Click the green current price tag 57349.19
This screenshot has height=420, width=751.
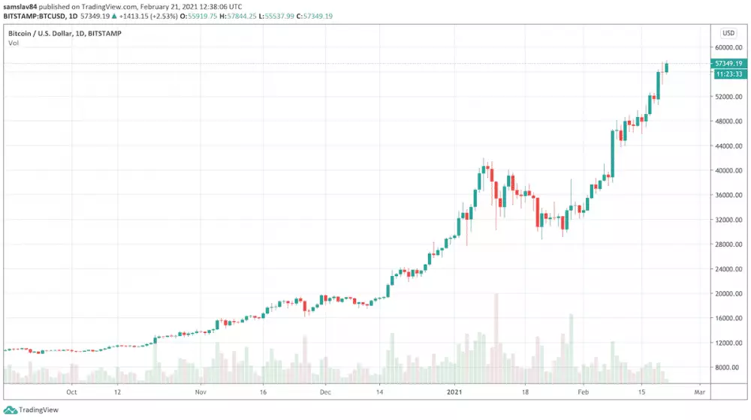coord(728,64)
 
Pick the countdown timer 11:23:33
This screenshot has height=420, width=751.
coord(728,74)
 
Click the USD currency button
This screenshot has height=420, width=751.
coord(728,33)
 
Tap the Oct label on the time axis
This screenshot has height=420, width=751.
coord(72,391)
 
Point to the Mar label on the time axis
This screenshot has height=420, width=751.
coord(699,391)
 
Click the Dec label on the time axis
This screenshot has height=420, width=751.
coord(324,391)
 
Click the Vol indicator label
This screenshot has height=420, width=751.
coord(14,43)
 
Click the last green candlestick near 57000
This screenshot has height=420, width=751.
coord(666,67)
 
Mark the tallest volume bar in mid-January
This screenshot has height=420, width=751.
coord(496,337)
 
